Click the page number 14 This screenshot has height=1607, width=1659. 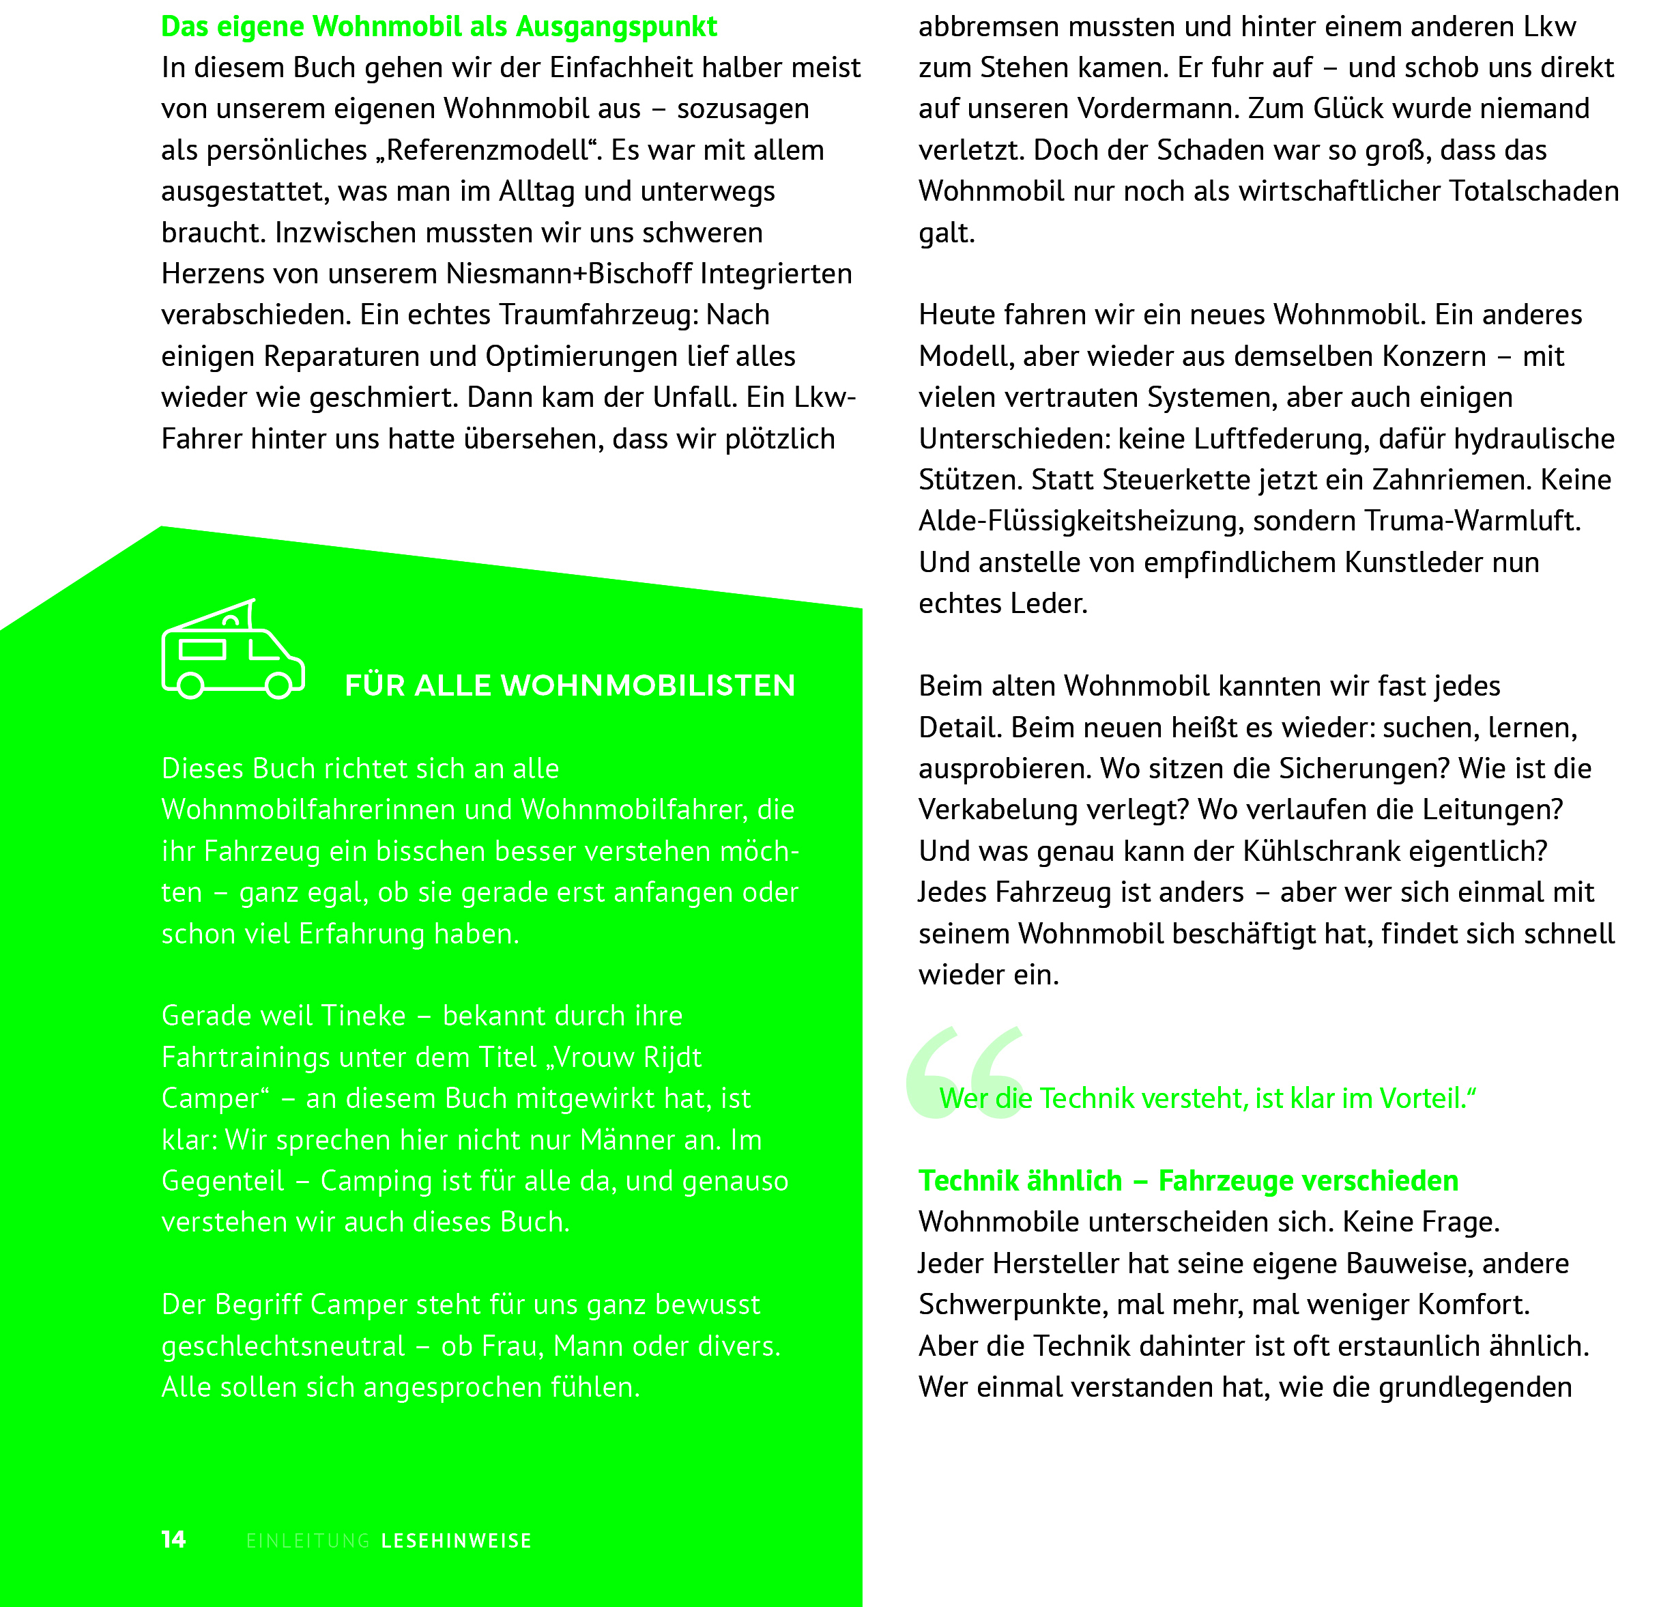tap(173, 1539)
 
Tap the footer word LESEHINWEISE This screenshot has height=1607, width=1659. tap(457, 1541)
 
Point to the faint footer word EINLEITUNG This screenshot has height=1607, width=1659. tap(308, 1541)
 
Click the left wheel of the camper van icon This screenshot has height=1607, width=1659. tap(191, 685)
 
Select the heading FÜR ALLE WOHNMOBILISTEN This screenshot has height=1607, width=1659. tap(570, 685)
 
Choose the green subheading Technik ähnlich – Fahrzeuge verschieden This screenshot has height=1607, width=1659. tap(1188, 1180)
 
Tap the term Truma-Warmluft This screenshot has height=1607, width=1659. tap(1472, 521)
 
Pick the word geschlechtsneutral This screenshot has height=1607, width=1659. tap(284, 1346)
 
